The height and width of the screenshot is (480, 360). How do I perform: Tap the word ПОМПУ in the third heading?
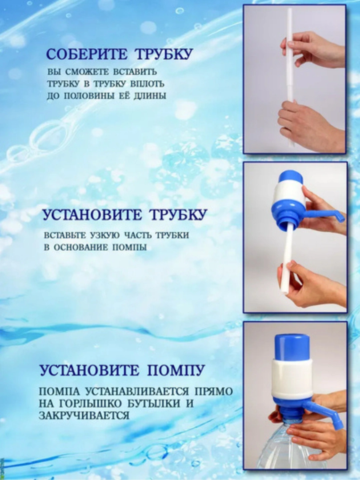176,370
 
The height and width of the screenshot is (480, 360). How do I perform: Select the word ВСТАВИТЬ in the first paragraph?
135,72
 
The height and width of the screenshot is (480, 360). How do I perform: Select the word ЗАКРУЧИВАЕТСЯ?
84,416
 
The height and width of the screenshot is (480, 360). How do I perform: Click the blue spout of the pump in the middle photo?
328,214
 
